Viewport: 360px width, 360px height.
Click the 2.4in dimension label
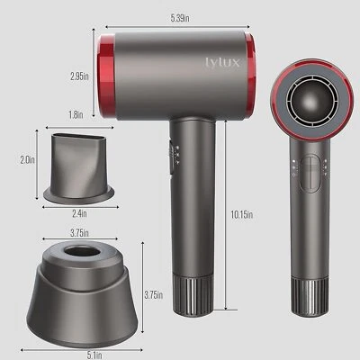click(79, 213)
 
